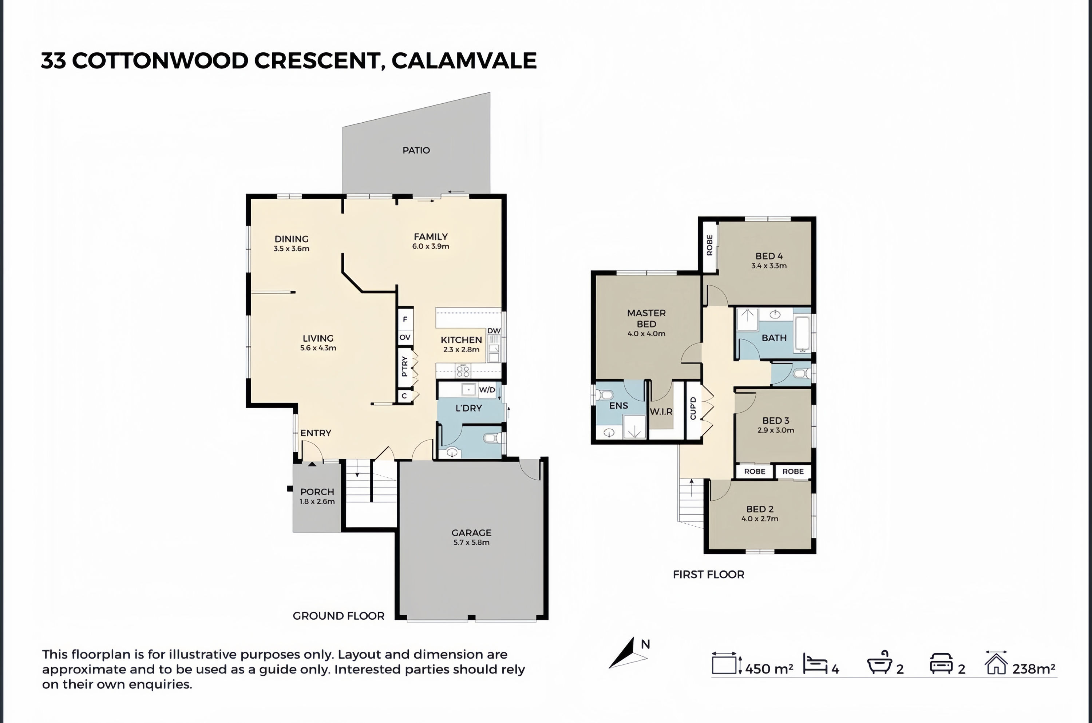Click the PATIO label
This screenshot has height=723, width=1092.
(416, 150)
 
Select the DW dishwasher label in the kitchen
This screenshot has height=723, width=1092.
(494, 331)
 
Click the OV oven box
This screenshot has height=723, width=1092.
(405, 337)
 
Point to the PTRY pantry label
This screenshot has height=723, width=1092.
(404, 366)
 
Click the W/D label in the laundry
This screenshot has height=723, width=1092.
(487, 390)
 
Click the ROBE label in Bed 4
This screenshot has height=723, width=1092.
(709, 245)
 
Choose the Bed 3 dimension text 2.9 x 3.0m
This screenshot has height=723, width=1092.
(776, 430)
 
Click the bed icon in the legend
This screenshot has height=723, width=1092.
(815, 664)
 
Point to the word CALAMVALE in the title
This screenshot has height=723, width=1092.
(464, 61)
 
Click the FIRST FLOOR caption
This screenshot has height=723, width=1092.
(708, 575)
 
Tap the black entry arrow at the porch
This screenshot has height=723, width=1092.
(312, 464)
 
